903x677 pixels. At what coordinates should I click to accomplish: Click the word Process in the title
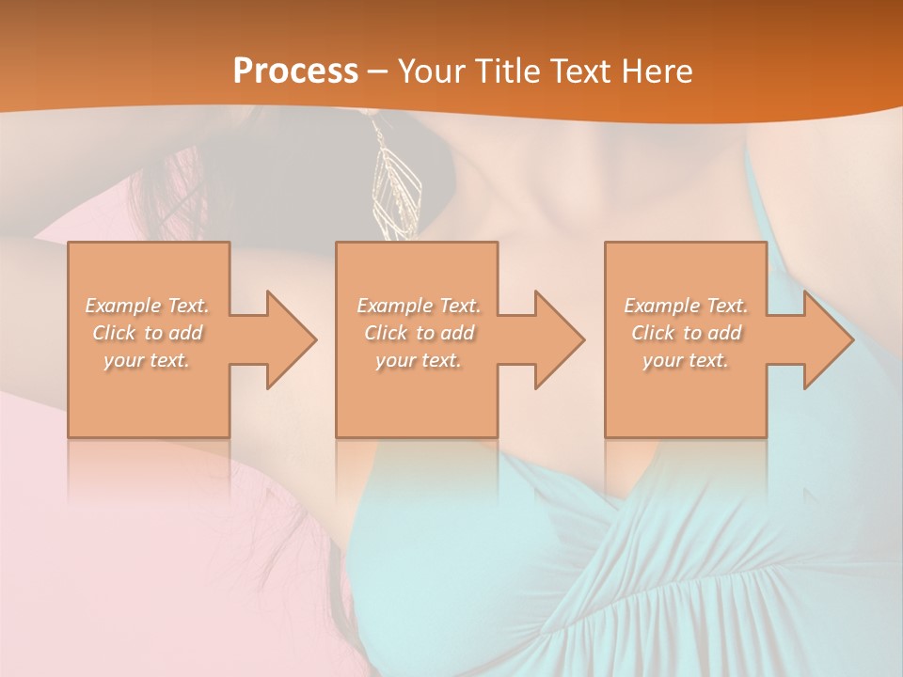[x=295, y=71]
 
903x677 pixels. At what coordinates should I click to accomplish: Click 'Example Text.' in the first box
[x=148, y=306]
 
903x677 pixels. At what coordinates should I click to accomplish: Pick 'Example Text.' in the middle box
[x=419, y=306]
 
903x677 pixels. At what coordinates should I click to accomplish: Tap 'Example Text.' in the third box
[x=686, y=306]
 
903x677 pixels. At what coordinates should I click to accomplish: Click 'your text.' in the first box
[x=147, y=360]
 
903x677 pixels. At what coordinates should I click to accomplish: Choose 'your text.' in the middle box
[x=418, y=360]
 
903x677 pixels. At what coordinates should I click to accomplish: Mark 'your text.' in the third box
[x=685, y=360]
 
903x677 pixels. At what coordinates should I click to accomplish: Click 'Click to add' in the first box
[x=148, y=333]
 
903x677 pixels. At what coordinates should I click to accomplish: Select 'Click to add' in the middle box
[x=419, y=333]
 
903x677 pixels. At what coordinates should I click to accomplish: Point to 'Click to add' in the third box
[x=686, y=333]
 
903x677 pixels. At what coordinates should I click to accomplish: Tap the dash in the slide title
[x=377, y=71]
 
